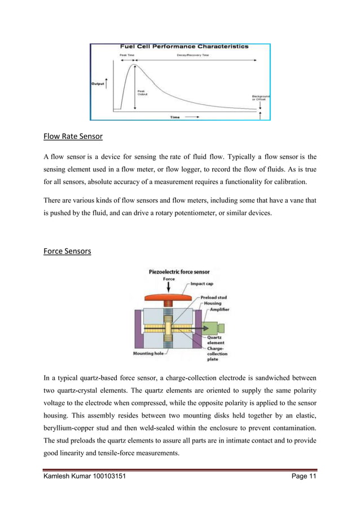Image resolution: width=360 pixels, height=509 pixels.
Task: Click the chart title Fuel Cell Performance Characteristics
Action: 183,46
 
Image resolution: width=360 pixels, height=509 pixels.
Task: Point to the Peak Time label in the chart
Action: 126,55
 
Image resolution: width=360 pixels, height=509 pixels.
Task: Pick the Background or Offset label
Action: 260,98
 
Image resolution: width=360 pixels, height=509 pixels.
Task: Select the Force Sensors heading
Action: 67,251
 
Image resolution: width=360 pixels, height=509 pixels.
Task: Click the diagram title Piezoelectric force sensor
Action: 179,271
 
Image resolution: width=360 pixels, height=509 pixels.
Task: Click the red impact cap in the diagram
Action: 165,296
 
